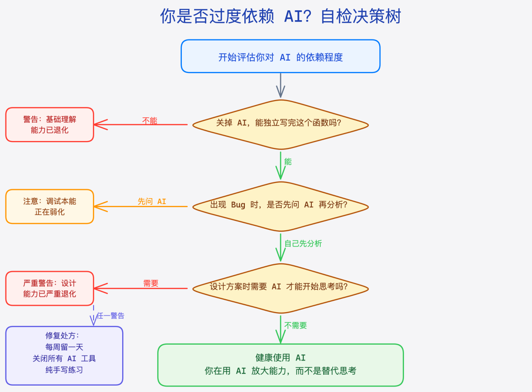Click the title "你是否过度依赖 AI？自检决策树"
click(x=280, y=16)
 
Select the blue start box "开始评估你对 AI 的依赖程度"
click(x=280, y=57)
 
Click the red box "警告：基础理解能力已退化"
click(x=50, y=125)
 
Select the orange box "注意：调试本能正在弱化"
click(x=50, y=207)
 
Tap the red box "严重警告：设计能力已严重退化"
click(x=50, y=288)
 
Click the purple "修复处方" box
click(x=64, y=356)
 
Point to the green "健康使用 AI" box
click(x=280, y=365)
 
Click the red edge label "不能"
click(x=150, y=120)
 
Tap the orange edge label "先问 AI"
click(x=152, y=202)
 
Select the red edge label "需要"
click(x=151, y=284)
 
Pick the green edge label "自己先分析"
click(x=303, y=244)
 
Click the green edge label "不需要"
click(x=296, y=325)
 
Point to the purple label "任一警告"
click(x=110, y=316)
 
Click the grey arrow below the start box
click(x=280, y=85)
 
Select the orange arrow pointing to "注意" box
click(x=140, y=207)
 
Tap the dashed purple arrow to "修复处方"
click(x=94, y=316)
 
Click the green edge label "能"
click(x=288, y=162)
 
